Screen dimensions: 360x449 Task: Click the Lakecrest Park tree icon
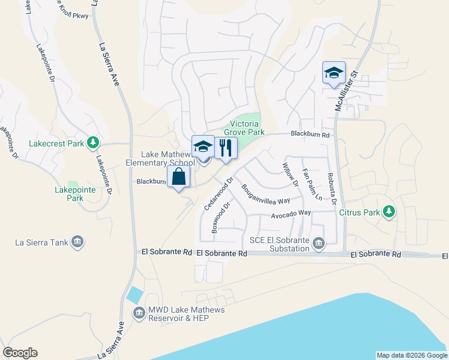[92, 143]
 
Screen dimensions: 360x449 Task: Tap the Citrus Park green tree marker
[389, 211]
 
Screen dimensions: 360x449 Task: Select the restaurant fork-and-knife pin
[226, 148]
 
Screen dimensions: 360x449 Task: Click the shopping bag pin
[178, 176]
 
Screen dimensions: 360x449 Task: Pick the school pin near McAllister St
[334, 73]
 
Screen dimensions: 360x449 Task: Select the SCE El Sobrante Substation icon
[318, 244]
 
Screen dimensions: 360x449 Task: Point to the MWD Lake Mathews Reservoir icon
[139, 313]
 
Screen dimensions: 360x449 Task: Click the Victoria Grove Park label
[244, 128]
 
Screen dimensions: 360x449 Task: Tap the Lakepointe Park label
[66, 193]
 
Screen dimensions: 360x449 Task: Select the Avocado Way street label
[291, 213]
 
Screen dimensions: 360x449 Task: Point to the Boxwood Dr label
[220, 218]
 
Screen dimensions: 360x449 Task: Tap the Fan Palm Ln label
[312, 185]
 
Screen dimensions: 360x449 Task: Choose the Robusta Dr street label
[331, 187]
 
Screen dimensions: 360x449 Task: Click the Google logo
[20, 353]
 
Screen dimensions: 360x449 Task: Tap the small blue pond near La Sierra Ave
[135, 295]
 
